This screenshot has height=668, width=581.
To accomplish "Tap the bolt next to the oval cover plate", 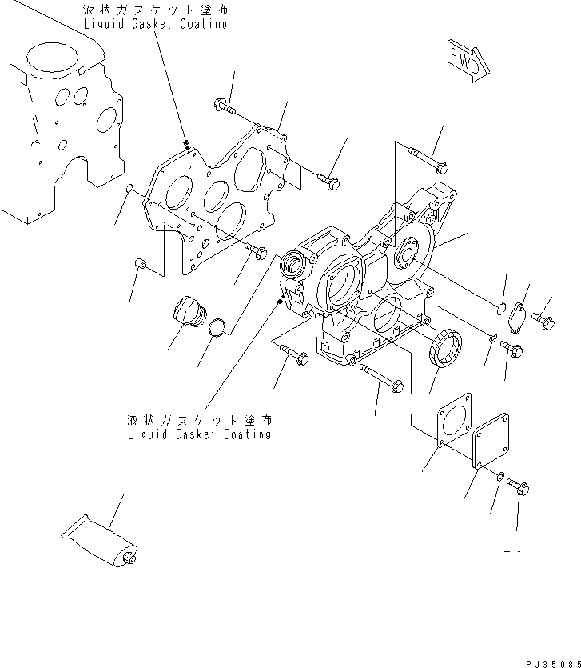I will pos(546,322).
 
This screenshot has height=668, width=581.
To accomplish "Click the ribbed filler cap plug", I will pos(189,313).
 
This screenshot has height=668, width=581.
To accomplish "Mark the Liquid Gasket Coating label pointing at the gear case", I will pos(198,426).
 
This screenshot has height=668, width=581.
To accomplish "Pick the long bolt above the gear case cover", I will pos(429,161).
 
